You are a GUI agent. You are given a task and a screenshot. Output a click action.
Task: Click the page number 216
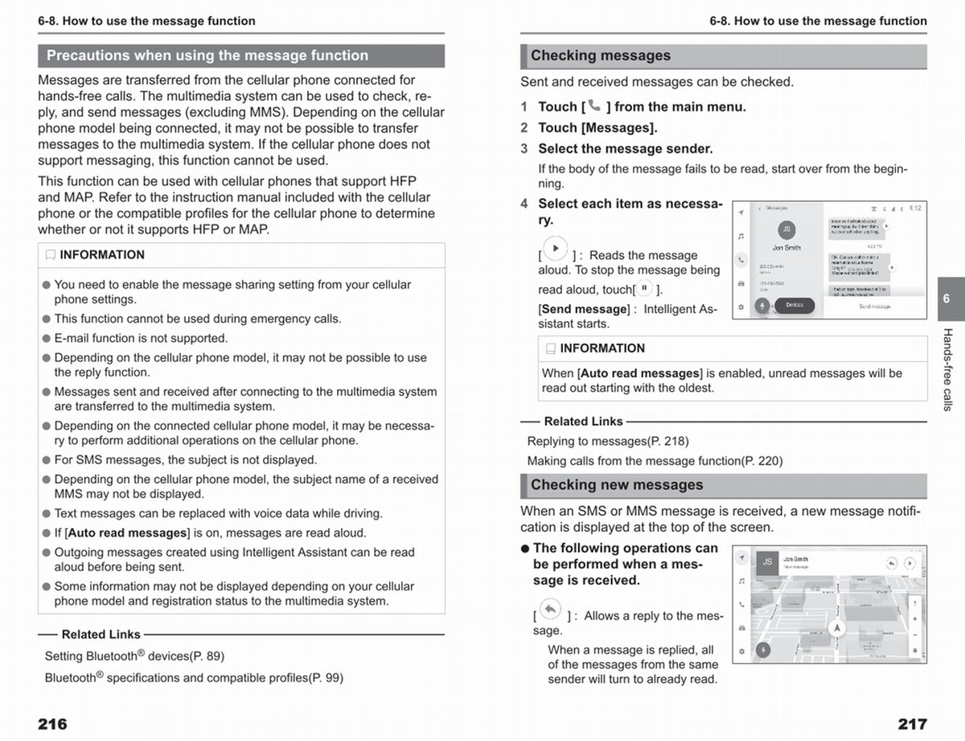coord(52,723)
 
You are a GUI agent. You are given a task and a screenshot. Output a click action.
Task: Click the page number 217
coord(912,723)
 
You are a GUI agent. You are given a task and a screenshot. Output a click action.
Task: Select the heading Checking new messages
coord(617,485)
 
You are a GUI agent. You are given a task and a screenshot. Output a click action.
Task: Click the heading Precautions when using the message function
coord(207,56)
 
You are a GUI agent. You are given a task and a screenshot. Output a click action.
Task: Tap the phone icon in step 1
coord(594,105)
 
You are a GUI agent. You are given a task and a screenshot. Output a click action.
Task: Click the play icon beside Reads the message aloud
coord(555,249)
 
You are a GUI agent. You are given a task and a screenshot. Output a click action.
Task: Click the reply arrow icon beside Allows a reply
coord(550,609)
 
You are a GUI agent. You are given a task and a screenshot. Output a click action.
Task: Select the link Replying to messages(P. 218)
coord(608,441)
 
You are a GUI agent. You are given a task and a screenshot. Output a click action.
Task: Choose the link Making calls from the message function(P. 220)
coord(655,461)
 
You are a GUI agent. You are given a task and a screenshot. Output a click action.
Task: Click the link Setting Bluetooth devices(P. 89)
coord(134,657)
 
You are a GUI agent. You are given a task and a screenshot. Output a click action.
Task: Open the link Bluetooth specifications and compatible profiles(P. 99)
coord(194,677)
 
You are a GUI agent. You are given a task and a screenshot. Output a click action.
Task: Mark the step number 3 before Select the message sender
coord(524,149)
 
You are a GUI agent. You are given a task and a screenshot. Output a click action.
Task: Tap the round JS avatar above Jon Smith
coord(786,229)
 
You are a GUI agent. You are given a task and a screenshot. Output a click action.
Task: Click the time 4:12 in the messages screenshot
coord(915,208)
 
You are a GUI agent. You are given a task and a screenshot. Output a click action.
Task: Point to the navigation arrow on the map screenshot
coord(838,628)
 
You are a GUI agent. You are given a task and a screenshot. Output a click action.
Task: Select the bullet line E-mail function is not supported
coord(141,338)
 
